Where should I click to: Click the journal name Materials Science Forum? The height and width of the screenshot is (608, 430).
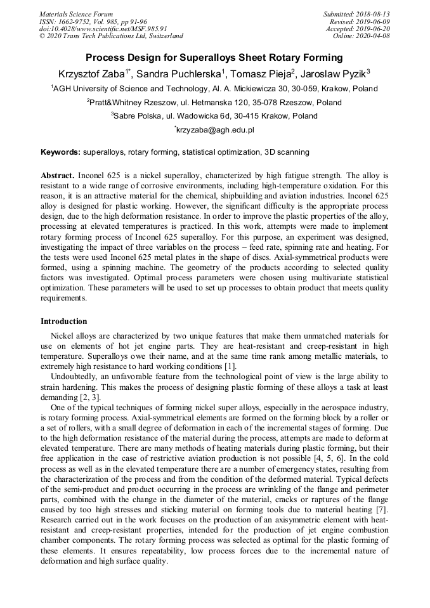[76, 14]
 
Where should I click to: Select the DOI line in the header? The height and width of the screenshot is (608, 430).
[103, 29]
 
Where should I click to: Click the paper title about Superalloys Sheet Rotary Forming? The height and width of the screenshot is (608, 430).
[214, 56]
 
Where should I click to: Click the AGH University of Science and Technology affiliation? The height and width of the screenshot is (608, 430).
[214, 89]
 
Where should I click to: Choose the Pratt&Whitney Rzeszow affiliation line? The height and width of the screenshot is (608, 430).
[214, 103]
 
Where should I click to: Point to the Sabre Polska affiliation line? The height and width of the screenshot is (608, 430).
[214, 116]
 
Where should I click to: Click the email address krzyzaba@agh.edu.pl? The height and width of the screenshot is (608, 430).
[215, 130]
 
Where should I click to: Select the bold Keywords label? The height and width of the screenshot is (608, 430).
[60, 153]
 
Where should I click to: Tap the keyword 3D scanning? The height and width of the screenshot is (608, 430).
[287, 153]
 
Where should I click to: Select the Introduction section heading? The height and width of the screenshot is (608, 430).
[64, 321]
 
